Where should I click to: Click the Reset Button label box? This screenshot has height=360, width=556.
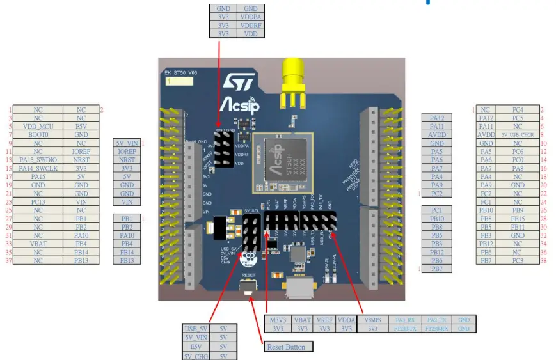pyautogui.click(x=289, y=347)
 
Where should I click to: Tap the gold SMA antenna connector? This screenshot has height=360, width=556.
pyautogui.click(x=294, y=77)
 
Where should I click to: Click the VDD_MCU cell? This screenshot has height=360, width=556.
pyautogui.click(x=38, y=127)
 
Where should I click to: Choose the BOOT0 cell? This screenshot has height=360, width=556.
pyautogui.click(x=38, y=135)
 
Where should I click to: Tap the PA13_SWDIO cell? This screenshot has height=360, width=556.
pyautogui.click(x=38, y=160)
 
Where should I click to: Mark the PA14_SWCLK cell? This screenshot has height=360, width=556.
pyautogui.click(x=38, y=168)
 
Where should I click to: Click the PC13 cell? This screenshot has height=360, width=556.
pyautogui.click(x=38, y=201)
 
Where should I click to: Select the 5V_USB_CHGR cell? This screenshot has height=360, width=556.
pyautogui.click(x=518, y=135)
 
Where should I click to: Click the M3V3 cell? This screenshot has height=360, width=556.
pyautogui.click(x=278, y=320)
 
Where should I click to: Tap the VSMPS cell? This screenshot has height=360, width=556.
pyautogui.click(x=372, y=320)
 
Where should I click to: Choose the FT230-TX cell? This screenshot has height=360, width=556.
pyautogui.click(x=405, y=328)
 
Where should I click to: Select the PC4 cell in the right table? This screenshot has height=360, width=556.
pyautogui.click(x=518, y=110)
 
